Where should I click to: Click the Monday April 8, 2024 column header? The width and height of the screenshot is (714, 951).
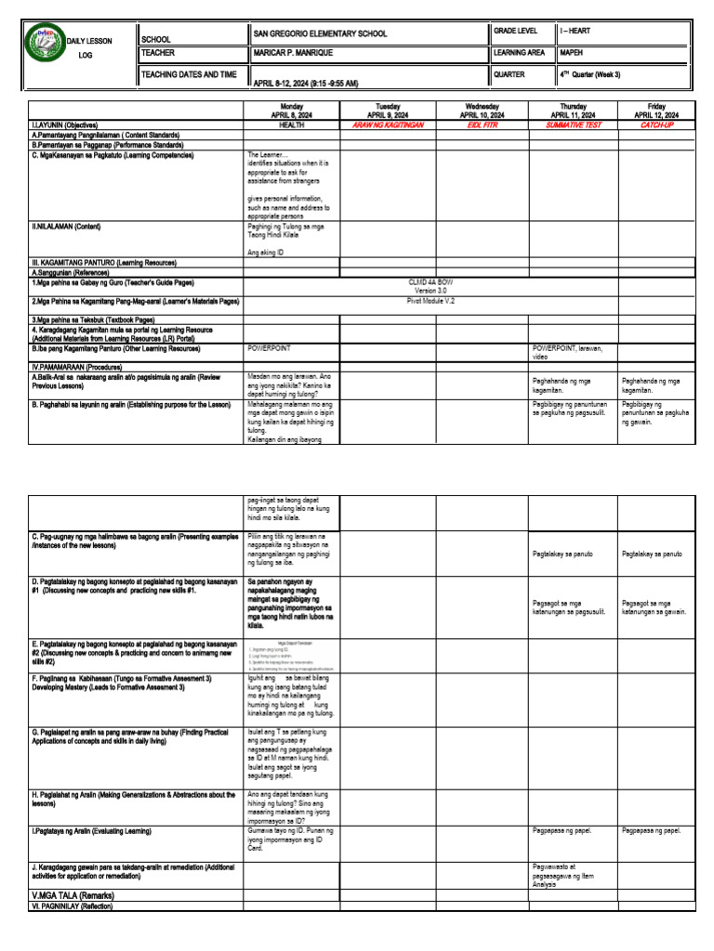pyautogui.click(x=292, y=111)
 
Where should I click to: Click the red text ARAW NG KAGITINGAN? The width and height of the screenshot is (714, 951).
pyautogui.click(x=388, y=124)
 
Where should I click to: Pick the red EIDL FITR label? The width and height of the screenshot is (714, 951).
pyautogui.click(x=482, y=124)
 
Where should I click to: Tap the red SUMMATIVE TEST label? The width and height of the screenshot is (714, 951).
pyautogui.click(x=573, y=124)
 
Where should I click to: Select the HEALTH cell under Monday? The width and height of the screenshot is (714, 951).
pyautogui.click(x=292, y=124)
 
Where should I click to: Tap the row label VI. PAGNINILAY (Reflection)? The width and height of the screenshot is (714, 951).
pyautogui.click(x=73, y=905)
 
